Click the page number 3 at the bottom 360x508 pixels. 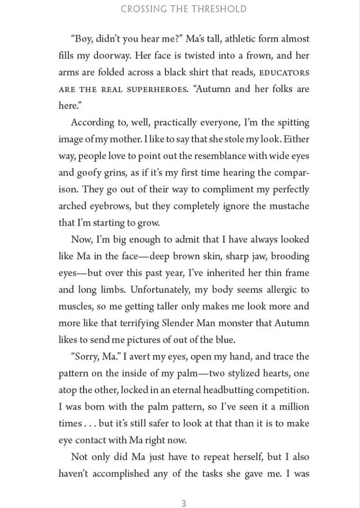pos(184,503)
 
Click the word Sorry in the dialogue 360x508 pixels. pos(86,357)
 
